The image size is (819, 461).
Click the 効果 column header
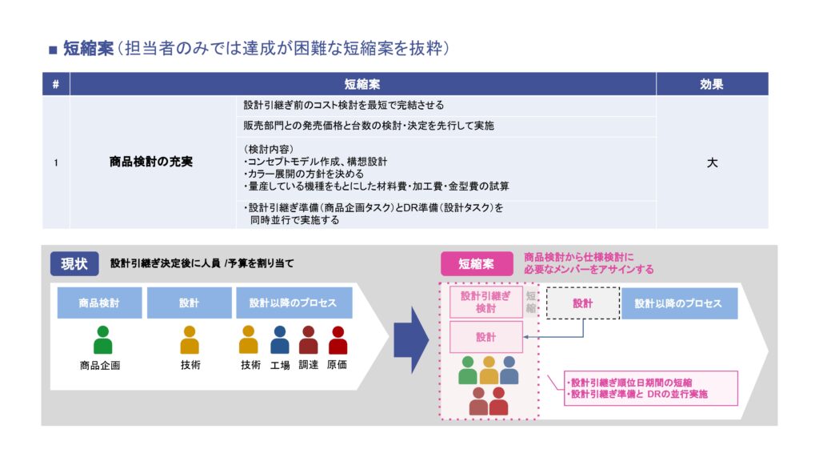click(x=712, y=84)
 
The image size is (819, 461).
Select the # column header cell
click(x=55, y=84)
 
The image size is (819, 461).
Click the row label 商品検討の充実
click(x=151, y=162)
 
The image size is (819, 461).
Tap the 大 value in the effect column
click(x=712, y=162)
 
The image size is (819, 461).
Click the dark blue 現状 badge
click(x=74, y=263)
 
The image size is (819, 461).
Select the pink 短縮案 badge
click(x=476, y=263)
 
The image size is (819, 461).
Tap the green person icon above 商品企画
click(x=102, y=339)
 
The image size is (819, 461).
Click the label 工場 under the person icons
click(x=279, y=365)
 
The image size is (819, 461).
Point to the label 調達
click(x=309, y=365)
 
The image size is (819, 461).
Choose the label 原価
click(x=338, y=365)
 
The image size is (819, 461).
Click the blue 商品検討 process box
click(x=99, y=303)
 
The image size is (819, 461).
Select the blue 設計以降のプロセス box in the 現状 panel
click(x=294, y=303)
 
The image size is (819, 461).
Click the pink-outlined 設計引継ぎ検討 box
click(x=485, y=303)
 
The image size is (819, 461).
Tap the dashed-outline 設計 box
click(x=582, y=303)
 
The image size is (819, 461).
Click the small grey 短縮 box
click(x=532, y=303)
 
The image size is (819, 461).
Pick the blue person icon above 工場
click(x=279, y=339)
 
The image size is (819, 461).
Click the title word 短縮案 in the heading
click(x=86, y=49)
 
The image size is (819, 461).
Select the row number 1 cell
click(x=55, y=162)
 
